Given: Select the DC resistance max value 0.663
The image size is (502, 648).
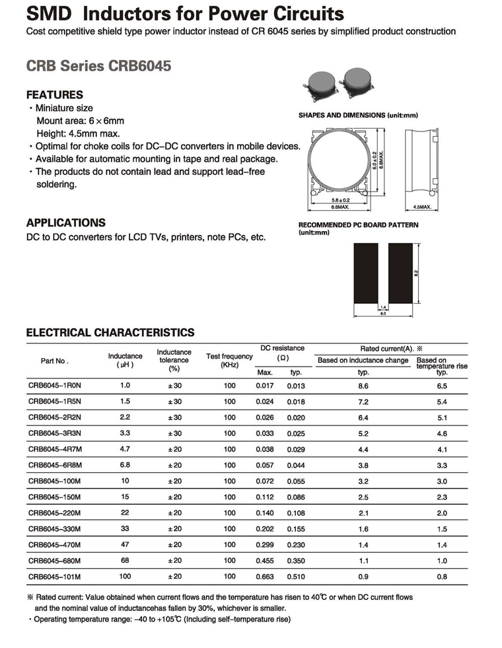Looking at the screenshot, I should point(264,577).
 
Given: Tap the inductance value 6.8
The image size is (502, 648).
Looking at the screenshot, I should point(126,465).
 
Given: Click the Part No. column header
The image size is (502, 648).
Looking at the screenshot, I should point(54,361).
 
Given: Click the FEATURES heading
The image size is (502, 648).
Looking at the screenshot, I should point(54,94).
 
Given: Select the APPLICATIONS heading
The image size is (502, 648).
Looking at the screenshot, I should point(65,223).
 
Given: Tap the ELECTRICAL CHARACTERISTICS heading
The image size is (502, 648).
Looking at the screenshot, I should point(110,332).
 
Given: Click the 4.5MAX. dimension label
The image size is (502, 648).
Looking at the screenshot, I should point(421,207).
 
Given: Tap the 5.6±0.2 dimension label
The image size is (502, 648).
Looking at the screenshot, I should point(339,200).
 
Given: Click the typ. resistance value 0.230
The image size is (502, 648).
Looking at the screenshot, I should point(295,545).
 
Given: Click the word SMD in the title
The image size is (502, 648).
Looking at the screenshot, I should point(50,13).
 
